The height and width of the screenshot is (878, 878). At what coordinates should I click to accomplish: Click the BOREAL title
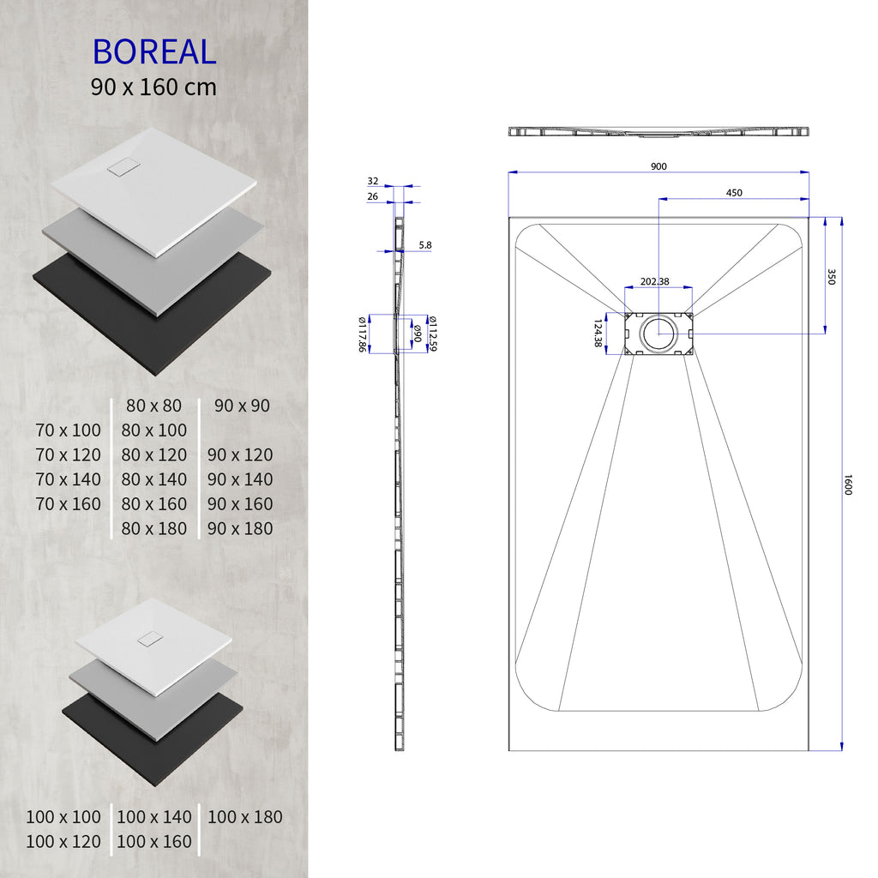pyautogui.click(x=154, y=51)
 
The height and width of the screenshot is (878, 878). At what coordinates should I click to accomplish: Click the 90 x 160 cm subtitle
pyautogui.click(x=154, y=87)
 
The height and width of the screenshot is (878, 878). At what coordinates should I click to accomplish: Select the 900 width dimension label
pyautogui.click(x=658, y=166)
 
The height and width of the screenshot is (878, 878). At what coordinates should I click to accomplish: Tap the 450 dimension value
pyautogui.click(x=734, y=193)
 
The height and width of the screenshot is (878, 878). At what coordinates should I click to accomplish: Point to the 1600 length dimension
pyautogui.click(x=848, y=484)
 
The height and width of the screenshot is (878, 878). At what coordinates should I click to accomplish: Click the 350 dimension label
pyautogui.click(x=831, y=276)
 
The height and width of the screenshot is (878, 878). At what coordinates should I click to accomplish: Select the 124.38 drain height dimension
pyautogui.click(x=598, y=334)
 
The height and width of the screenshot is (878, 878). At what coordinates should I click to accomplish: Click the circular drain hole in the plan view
pyautogui.click(x=658, y=333)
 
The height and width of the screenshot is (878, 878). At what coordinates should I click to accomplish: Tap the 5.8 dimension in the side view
pyautogui.click(x=425, y=245)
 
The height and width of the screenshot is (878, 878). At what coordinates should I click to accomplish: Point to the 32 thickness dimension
pyautogui.click(x=373, y=181)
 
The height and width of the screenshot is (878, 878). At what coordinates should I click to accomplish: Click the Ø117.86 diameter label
pyautogui.click(x=362, y=334)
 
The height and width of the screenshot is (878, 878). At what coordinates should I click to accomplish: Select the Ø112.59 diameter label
pyautogui.click(x=434, y=334)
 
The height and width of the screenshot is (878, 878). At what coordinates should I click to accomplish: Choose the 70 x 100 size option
pyautogui.click(x=69, y=430)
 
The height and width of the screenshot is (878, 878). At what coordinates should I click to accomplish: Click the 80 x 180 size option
pyautogui.click(x=154, y=528)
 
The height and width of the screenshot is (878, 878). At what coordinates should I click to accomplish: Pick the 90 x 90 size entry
pyautogui.click(x=242, y=405)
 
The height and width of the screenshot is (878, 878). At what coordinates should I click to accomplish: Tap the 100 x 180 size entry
pyautogui.click(x=244, y=817)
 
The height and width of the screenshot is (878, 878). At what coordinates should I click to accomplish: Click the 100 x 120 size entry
pyautogui.click(x=63, y=842)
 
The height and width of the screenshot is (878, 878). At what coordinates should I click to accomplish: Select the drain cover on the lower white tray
pyautogui.click(x=150, y=639)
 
